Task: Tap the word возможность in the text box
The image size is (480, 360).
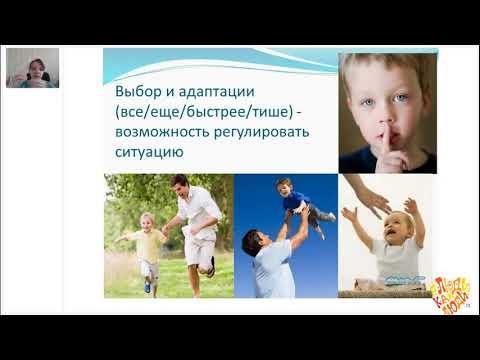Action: coord(163,132)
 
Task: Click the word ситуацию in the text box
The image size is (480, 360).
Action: coord(147,152)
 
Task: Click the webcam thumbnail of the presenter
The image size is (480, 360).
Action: coord(32,68)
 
